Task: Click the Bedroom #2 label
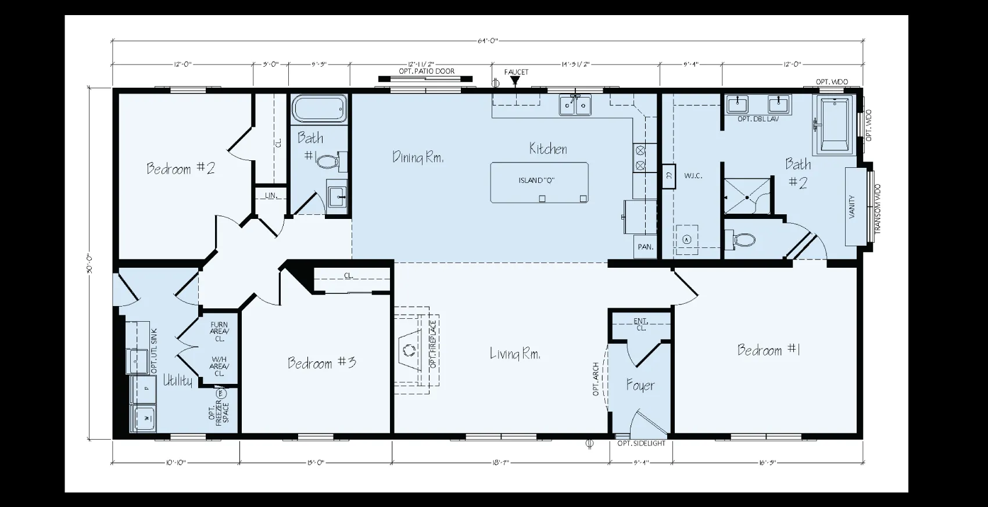pos(181,169)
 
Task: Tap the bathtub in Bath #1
pos(319,109)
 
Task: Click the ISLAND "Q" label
pos(536,181)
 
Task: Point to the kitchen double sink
pos(575,105)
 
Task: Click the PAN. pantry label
pos(645,247)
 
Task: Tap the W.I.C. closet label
pos(693,175)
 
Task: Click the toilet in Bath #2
pos(743,239)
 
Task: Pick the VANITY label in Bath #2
pos(852,207)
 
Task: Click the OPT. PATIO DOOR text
pos(427,71)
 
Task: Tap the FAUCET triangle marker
pos(514,81)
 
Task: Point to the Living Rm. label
pos(515,353)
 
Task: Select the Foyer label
pos(640,386)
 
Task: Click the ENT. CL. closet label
pos(640,325)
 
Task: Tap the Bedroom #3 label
pos(322,363)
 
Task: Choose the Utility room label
pos(177,380)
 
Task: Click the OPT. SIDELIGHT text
pos(641,444)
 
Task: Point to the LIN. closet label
pos(270,196)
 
